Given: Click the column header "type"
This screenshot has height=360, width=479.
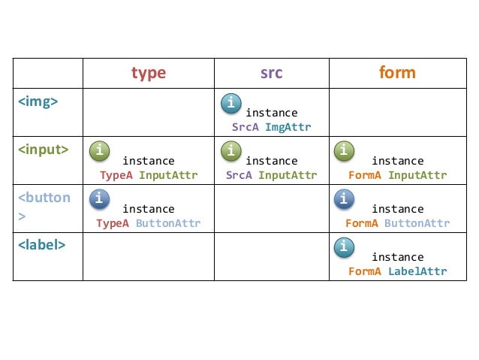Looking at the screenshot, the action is [x=149, y=73].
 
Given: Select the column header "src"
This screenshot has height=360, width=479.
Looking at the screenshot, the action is [x=271, y=73].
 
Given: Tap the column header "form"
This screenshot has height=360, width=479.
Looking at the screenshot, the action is [x=397, y=73].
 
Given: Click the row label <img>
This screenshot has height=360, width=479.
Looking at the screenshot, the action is [x=38, y=101].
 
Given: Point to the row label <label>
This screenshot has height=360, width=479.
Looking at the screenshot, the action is [x=41, y=245].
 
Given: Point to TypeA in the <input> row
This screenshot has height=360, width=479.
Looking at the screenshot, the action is [x=116, y=176].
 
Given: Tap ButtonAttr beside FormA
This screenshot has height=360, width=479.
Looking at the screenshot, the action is [x=417, y=223].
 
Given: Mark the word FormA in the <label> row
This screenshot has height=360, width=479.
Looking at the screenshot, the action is [x=365, y=271].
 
